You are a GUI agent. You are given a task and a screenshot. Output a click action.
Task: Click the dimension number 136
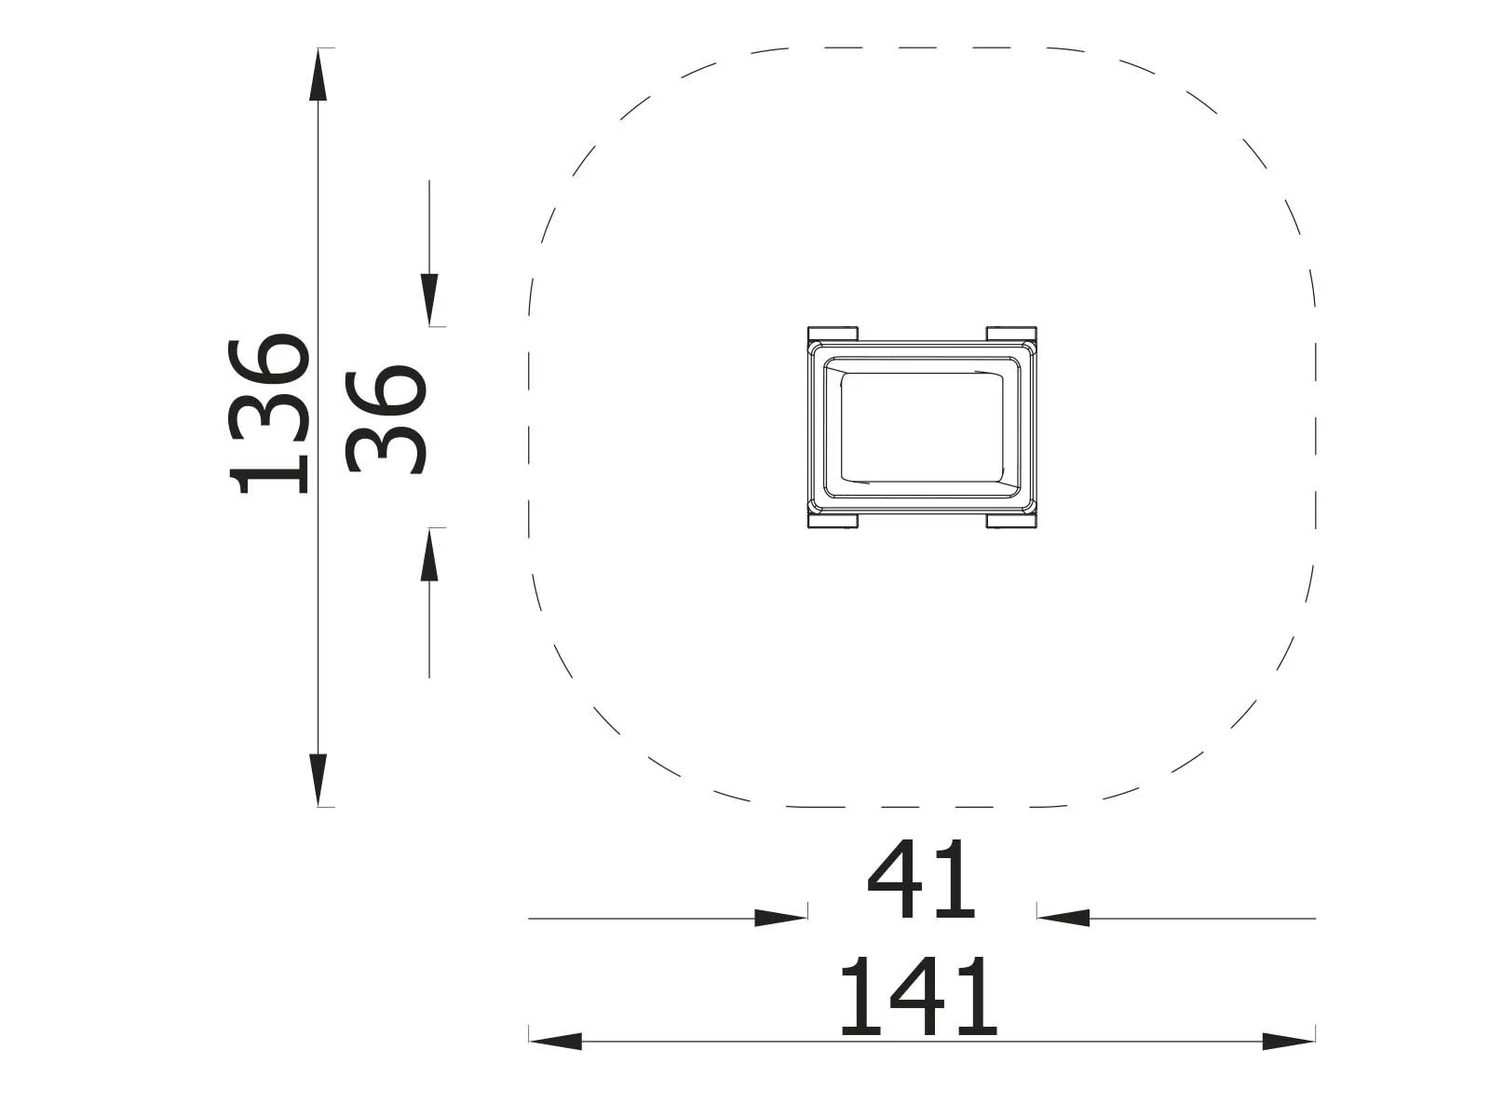270,412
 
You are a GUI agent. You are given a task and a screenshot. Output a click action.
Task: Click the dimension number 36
386,419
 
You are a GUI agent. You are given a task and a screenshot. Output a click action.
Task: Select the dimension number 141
918,998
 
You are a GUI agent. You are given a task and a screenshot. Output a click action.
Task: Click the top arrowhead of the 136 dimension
318,75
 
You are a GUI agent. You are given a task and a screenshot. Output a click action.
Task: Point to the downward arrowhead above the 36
429,299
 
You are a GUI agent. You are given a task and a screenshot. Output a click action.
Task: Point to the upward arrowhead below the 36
429,555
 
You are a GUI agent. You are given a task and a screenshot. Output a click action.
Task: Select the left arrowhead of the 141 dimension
555,1041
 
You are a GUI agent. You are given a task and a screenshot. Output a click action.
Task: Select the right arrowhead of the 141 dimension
1289,1041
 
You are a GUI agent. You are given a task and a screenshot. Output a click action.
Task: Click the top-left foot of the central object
833,333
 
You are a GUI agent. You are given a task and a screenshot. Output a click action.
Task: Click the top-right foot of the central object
1011,333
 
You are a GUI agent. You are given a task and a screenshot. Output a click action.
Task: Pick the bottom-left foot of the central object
833,521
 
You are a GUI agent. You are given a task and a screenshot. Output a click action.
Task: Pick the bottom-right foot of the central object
1011,521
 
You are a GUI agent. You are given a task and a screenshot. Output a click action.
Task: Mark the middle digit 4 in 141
918,998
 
